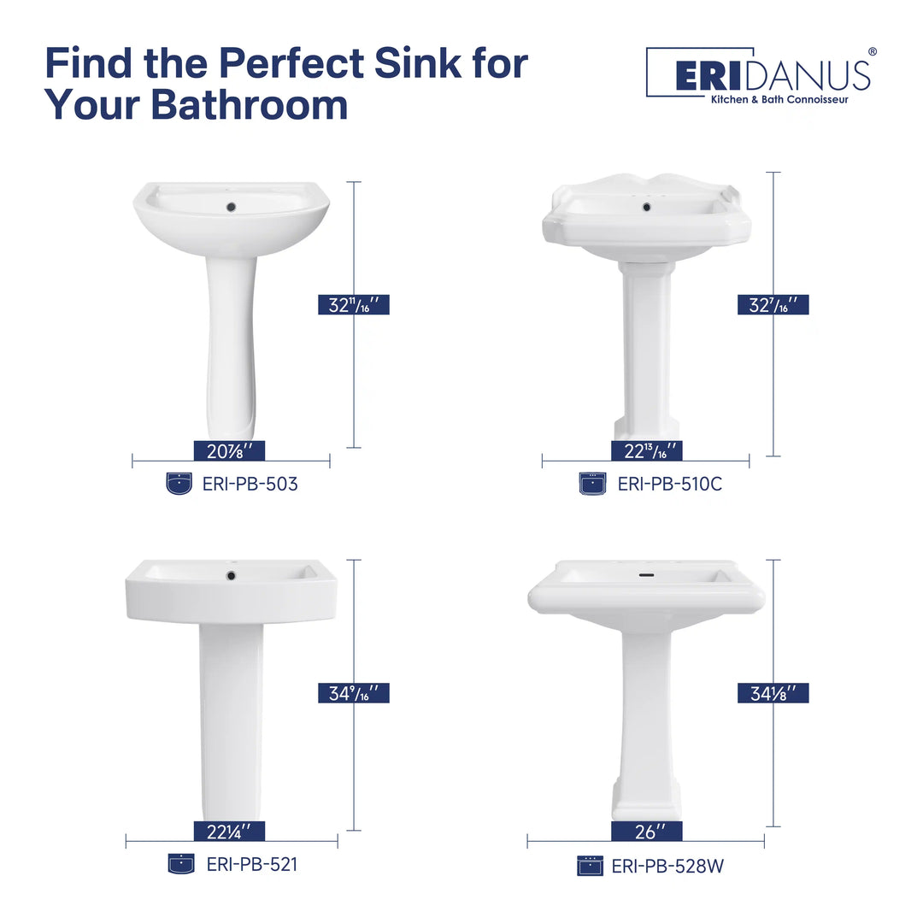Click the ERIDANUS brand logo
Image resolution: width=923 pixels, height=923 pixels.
click(759, 74)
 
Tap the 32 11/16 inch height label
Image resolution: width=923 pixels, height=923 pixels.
click(353, 304)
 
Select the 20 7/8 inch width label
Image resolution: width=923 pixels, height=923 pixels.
click(229, 451)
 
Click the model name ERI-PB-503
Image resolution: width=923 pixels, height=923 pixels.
click(250, 485)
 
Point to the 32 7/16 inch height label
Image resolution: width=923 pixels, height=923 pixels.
click(773, 304)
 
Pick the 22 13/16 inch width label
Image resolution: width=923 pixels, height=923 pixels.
click(647, 451)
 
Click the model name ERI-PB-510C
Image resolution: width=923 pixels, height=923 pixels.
click(669, 485)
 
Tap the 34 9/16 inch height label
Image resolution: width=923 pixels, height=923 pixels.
click(353, 693)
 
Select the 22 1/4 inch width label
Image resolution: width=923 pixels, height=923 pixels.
click(229, 831)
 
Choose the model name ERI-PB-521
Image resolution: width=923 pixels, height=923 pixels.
click(251, 864)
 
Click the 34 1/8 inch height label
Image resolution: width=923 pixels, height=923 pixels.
click(773, 693)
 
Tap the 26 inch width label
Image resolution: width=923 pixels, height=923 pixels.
click(647, 831)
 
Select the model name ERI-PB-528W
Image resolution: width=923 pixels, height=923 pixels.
click(667, 867)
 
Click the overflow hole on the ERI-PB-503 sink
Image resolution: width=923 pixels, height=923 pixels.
click(230, 206)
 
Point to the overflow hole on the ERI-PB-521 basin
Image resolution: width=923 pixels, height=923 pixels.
click(231, 576)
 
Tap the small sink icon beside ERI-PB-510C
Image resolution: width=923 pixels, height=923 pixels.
click(592, 485)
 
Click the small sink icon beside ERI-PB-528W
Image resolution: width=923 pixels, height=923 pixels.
click(590, 866)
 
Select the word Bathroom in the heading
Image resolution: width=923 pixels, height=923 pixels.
click(250, 104)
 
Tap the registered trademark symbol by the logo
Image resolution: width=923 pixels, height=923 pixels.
click(872, 52)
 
